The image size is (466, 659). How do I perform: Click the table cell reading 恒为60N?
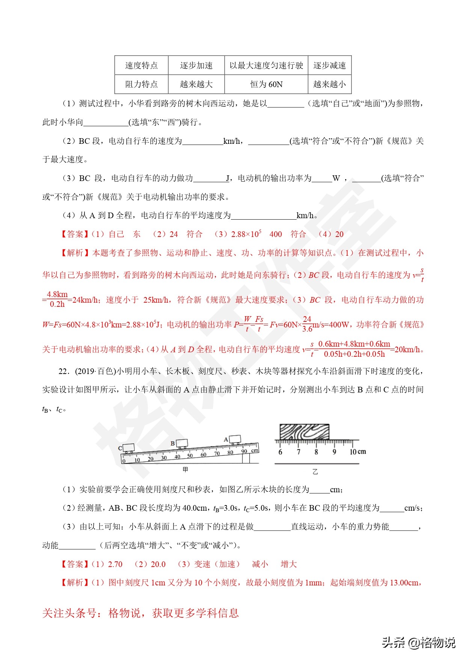pyautogui.click(x=266, y=84)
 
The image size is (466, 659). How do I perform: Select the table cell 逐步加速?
pyautogui.click(x=196, y=65)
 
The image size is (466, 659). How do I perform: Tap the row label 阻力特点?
pyautogui.click(x=141, y=84)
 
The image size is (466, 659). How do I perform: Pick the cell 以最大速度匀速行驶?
pyautogui.click(x=266, y=65)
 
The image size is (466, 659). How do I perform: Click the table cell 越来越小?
pyautogui.click(x=329, y=84)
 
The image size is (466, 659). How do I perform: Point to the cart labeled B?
pyautogui.click(x=182, y=443)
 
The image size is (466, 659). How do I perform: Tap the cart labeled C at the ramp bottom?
pyautogui.click(x=129, y=448)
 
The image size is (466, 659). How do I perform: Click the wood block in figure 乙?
pyautogui.click(x=305, y=432)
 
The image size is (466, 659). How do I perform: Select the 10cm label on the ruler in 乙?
pyautogui.click(x=357, y=452)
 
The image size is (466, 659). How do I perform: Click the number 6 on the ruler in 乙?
pyautogui.click(x=280, y=452)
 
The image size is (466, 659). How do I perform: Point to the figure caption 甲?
pyautogui.click(x=185, y=469)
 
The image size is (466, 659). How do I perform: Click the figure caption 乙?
pyautogui.click(x=315, y=472)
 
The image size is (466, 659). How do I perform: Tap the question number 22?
pyautogui.click(x=64, y=371)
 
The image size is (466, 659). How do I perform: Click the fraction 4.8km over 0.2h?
pyautogui.click(x=57, y=299)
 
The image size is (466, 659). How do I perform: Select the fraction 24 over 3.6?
pyautogui.click(x=307, y=324)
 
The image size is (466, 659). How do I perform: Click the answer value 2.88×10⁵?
pyautogui.click(x=246, y=234)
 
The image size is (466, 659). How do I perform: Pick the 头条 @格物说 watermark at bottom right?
pyautogui.click(x=418, y=642)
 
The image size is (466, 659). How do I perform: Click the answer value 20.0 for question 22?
pyautogui.click(x=158, y=564)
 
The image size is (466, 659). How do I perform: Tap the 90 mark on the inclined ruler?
pyautogui.click(x=244, y=451)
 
